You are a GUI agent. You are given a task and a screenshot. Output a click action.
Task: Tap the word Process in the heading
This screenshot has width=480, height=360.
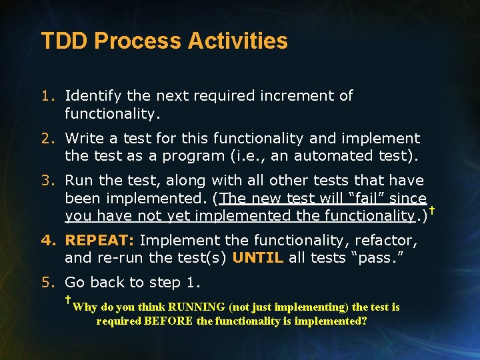click(x=138, y=41)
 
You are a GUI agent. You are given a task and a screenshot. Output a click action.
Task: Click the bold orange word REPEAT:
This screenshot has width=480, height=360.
click(x=100, y=240)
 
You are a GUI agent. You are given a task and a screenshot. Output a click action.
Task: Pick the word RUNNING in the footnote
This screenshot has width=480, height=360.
click(x=197, y=307)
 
